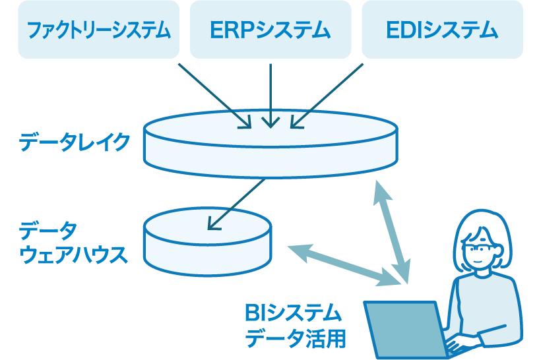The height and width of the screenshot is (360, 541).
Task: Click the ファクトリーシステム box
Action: point(98,29)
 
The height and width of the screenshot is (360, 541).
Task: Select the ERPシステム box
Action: point(270,29)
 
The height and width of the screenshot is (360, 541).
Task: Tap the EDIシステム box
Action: point(442,29)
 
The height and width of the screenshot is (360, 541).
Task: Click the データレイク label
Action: point(75,142)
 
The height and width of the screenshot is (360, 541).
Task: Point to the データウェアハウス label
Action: point(73,243)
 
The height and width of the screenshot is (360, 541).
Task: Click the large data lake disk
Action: point(271,146)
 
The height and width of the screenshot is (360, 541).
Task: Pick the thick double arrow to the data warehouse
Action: point(343,264)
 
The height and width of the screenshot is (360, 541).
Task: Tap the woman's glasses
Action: point(480,249)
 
